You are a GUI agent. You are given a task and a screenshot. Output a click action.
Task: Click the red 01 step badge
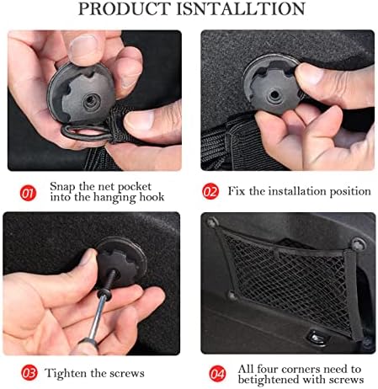tap(28, 193)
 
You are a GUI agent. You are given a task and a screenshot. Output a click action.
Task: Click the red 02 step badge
tap(210, 191)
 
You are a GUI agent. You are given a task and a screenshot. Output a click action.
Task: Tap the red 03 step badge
tap(29, 373)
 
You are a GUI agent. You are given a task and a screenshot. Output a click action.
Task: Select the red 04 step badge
tap(217, 374)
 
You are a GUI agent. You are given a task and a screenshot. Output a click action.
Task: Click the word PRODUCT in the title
tap(125, 8)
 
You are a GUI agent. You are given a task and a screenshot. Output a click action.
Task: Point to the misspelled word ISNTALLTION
tap(241, 8)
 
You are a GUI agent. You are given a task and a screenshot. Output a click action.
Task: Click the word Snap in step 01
tap(63, 187)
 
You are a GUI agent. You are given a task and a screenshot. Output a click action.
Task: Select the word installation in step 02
tap(297, 191)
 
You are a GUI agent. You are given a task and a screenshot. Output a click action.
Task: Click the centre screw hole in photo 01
tap(92, 101)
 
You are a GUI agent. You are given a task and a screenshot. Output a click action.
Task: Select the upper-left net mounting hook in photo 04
tap(212, 222)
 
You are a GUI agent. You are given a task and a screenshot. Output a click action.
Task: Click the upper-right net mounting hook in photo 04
tap(359, 244)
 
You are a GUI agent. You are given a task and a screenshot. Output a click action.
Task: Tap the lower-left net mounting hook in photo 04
tap(232, 295)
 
